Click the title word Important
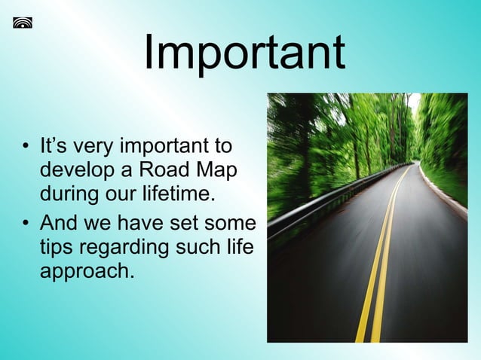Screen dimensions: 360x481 click(244, 53)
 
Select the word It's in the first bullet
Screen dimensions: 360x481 click(54, 145)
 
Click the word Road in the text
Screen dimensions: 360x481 click(160, 170)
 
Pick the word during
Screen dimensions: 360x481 click(72, 195)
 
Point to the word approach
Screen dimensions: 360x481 click(86, 273)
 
